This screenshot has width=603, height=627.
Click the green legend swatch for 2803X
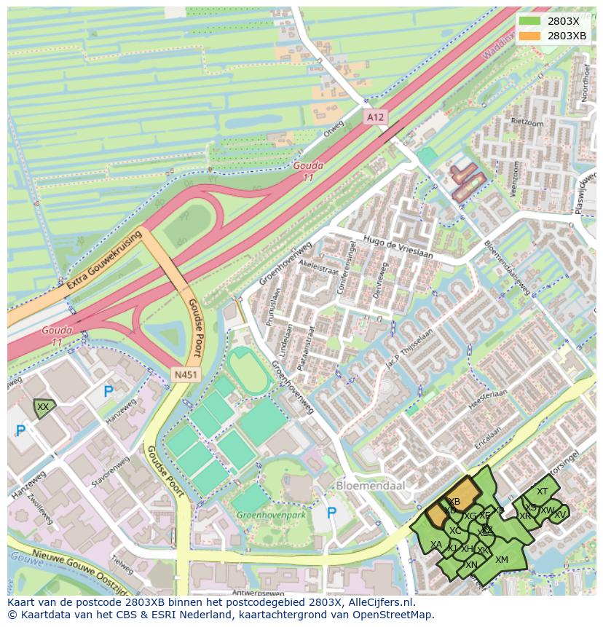pos(530,21)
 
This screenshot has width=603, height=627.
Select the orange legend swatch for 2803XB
pos(530,36)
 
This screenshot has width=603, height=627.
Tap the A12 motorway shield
pos(374,117)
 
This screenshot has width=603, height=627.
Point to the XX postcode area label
pos(43,407)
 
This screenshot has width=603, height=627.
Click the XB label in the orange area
pos(454,502)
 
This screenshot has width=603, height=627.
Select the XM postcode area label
pos(501,560)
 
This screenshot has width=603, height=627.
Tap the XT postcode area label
pos(542,492)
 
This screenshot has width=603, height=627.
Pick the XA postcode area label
pos(435,545)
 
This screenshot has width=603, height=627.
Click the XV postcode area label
pos(559,514)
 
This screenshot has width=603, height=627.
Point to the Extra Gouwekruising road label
pos(103,261)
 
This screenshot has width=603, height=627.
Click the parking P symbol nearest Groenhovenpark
pos(332,513)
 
